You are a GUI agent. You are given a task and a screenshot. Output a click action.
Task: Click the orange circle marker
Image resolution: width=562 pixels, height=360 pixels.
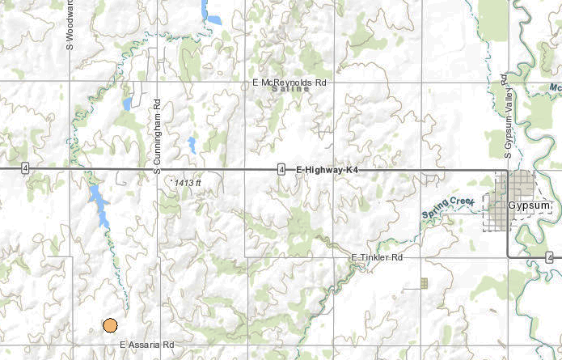(x=110, y=325)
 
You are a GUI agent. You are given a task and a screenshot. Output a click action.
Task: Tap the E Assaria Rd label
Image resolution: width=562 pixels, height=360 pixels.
(x=147, y=345)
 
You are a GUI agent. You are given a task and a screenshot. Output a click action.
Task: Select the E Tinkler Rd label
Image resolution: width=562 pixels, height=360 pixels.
(x=376, y=257)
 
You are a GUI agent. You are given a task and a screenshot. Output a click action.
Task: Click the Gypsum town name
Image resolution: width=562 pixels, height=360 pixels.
(x=528, y=206)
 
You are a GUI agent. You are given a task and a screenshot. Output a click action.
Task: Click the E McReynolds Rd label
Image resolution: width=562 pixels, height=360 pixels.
(x=289, y=83)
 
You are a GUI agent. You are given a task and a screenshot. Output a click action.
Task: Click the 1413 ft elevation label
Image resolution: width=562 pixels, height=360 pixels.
(x=187, y=184)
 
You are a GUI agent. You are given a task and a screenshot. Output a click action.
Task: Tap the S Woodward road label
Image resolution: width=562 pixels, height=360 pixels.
(x=70, y=24)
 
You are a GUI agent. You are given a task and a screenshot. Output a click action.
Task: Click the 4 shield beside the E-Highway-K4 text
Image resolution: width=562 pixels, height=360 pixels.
(x=281, y=169)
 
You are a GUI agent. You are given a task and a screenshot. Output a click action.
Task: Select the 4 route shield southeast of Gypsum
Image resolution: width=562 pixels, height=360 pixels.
(x=548, y=257)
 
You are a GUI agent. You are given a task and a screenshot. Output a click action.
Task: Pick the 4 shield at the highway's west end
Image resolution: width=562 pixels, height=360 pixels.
(x=26, y=168)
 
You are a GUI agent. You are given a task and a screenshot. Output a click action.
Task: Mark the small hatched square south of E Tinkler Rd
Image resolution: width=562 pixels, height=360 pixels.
(x=424, y=283)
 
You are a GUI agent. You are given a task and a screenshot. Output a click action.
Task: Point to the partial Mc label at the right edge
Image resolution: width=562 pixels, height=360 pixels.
(x=555, y=87)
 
